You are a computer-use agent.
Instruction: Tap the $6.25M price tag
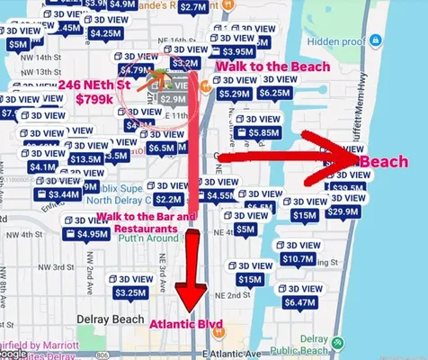click(x=273, y=93)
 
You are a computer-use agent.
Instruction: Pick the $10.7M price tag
click(x=298, y=259)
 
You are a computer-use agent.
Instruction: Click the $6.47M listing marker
click(x=299, y=303)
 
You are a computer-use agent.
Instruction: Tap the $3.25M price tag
click(x=131, y=292)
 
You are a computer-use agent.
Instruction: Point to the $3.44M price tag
click(x=58, y=193)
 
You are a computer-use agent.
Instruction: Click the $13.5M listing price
click(x=85, y=159)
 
